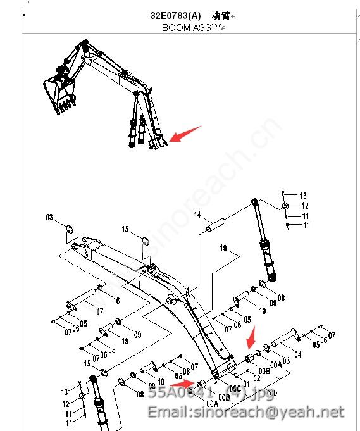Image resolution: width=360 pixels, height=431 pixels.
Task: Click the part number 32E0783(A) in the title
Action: [x=175, y=16]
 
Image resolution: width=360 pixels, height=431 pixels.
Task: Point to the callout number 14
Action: [x=197, y=216]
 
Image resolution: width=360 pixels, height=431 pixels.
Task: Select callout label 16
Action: [x=116, y=300]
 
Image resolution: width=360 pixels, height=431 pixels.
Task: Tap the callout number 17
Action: [x=100, y=311]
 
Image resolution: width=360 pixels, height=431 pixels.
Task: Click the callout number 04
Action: [x=298, y=354]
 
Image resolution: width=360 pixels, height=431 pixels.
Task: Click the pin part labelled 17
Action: [x=80, y=301]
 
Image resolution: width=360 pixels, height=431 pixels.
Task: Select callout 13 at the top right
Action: [x=303, y=196]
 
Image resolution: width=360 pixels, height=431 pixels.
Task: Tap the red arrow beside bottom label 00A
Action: [x=183, y=383]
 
